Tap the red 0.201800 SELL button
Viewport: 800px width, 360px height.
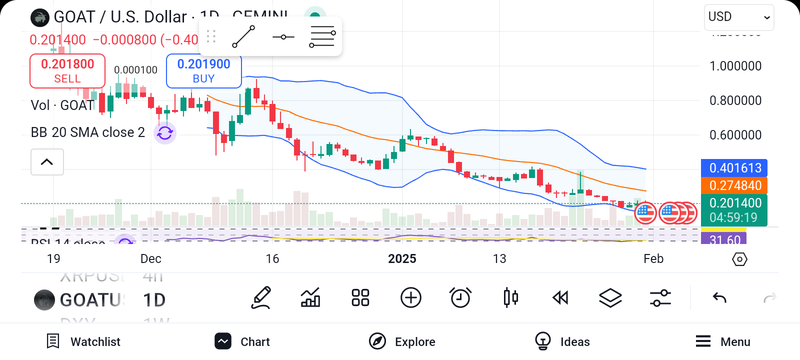(x=67, y=71)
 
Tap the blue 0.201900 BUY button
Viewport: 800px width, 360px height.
(x=203, y=71)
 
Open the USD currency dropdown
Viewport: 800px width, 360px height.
(x=738, y=17)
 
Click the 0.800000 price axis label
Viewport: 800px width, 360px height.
(x=735, y=100)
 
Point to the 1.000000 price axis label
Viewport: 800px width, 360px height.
(x=735, y=66)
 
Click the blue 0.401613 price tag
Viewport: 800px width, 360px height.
(x=734, y=168)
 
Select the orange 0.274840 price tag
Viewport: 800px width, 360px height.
(x=734, y=185)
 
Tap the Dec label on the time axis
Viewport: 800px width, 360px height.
(x=150, y=258)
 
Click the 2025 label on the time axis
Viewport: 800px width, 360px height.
(x=402, y=258)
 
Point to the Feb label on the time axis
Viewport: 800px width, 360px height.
(x=653, y=258)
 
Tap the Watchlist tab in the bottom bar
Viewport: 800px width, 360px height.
(x=83, y=341)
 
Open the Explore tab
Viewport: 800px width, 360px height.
(x=402, y=341)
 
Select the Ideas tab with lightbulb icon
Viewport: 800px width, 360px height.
(x=562, y=341)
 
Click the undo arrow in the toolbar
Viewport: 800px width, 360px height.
(x=719, y=298)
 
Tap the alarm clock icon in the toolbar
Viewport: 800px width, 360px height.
(x=460, y=298)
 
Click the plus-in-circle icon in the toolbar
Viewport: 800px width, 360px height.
(x=411, y=298)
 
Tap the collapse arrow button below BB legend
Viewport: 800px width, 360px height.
(x=47, y=162)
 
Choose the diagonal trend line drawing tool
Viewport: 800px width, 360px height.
(x=243, y=36)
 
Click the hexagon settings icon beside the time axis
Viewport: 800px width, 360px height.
(x=739, y=259)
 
